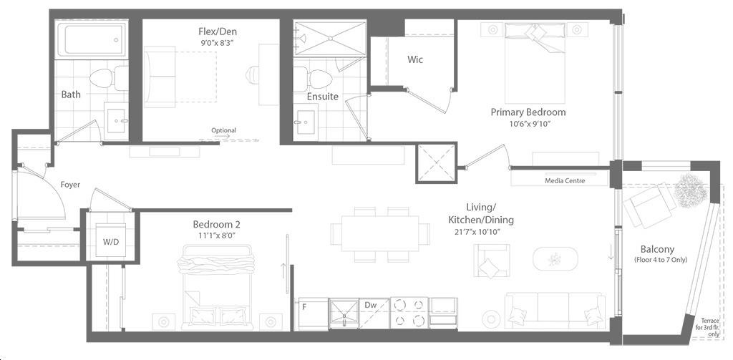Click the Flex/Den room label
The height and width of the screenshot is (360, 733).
click(x=218, y=31)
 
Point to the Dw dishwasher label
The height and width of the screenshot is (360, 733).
click(x=371, y=305)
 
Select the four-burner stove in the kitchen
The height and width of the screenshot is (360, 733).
click(x=409, y=312)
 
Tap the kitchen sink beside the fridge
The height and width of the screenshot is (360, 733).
click(x=344, y=311)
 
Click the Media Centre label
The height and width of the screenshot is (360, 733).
click(x=565, y=180)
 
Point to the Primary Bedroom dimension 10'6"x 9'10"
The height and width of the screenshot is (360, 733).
click(x=528, y=123)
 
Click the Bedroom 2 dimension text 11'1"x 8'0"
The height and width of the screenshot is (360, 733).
click(x=216, y=235)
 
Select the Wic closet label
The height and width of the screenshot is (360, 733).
click(x=415, y=59)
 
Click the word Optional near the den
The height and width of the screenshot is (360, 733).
click(x=224, y=130)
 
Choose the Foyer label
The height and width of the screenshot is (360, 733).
click(x=70, y=185)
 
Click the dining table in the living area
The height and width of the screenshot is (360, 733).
click(x=380, y=233)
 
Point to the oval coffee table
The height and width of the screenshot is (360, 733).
click(x=555, y=258)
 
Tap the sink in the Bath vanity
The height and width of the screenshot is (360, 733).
click(x=116, y=121)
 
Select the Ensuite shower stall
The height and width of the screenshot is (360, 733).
click(x=329, y=39)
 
